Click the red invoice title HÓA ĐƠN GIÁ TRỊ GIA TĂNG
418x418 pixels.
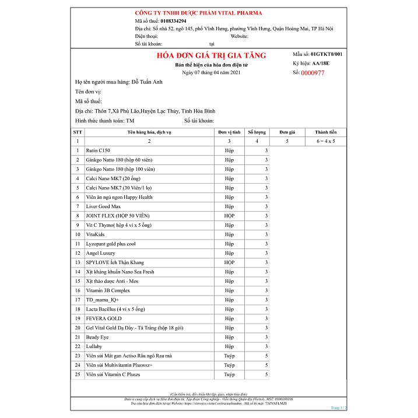click(x=212, y=55)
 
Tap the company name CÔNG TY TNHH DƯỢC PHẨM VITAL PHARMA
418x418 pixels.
click(x=198, y=13)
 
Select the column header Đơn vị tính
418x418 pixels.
click(x=229, y=132)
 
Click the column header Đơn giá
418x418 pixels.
click(x=287, y=132)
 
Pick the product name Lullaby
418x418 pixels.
click(x=93, y=347)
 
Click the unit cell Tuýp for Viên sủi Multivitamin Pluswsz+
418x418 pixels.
click(x=229, y=366)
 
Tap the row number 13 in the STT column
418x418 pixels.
click(x=77, y=263)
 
